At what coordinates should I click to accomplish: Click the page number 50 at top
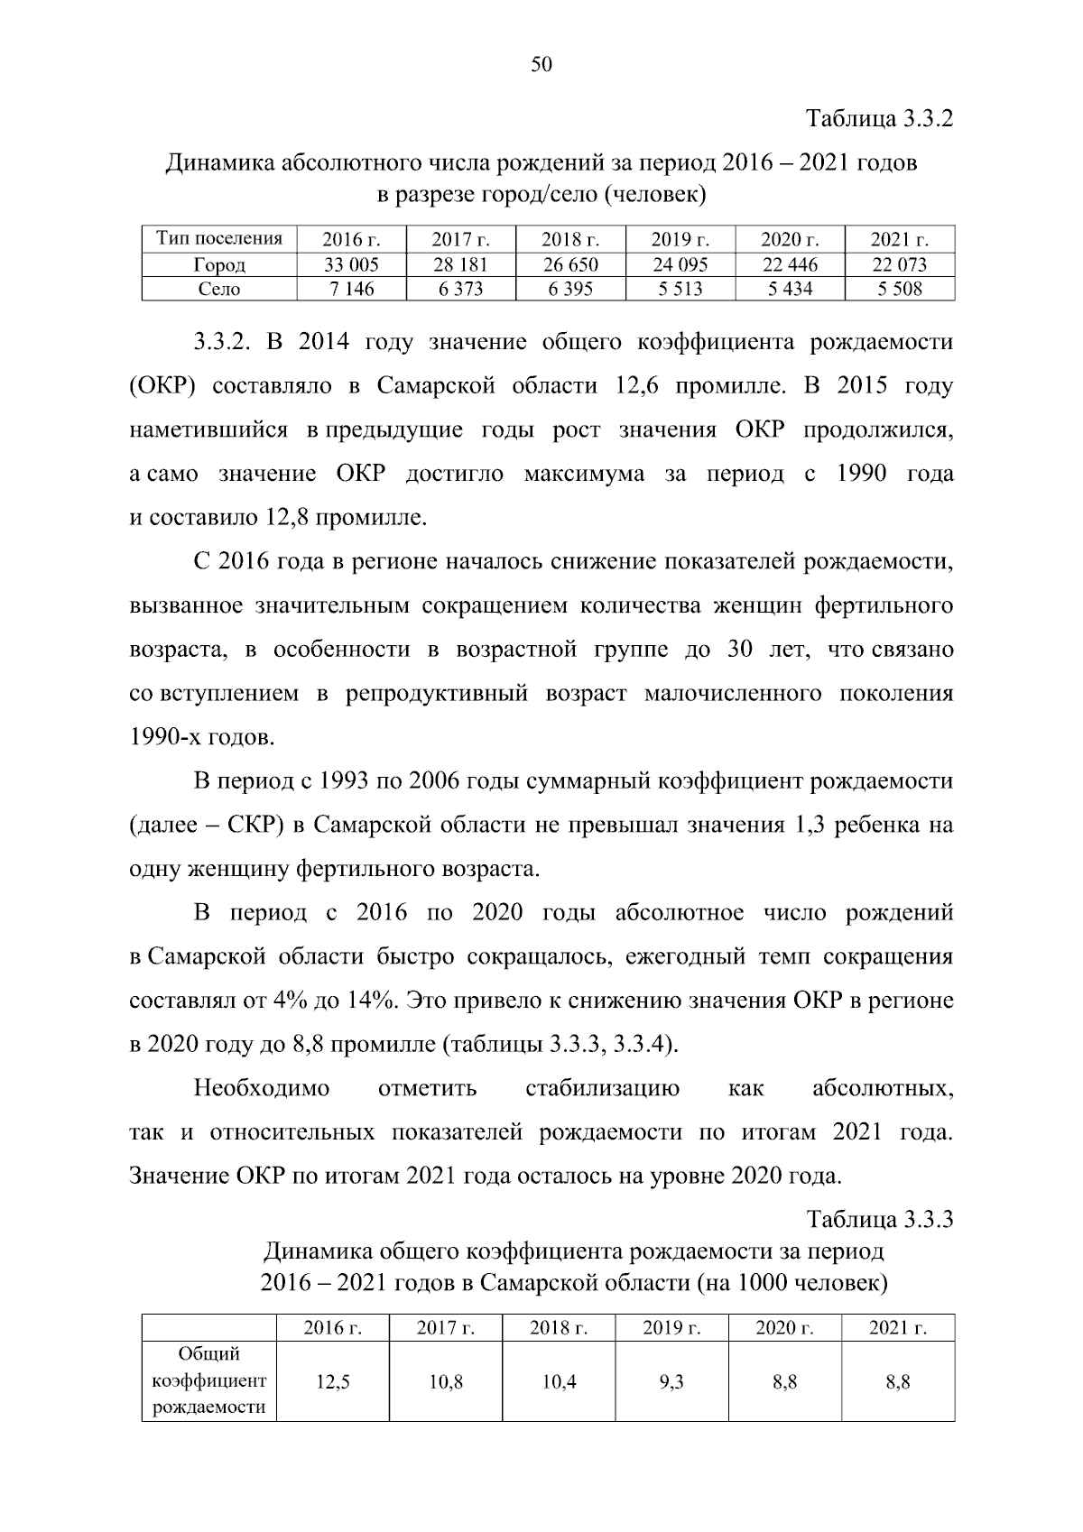pos(541,65)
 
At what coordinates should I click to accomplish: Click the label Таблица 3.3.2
pos(880,119)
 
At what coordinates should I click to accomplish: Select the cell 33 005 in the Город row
pos(351,264)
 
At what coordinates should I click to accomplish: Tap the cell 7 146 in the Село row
pos(351,289)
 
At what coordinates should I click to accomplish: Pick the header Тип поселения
pos(219,239)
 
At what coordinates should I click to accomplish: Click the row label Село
pos(219,289)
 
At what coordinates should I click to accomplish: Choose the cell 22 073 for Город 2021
pos(899,264)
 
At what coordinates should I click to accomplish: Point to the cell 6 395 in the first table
pos(570,289)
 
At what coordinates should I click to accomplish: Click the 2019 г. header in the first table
pos(680,240)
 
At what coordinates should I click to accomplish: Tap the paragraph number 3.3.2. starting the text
pos(227,343)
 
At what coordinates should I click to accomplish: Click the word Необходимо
pos(262,1089)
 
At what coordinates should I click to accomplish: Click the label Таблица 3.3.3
pos(880,1220)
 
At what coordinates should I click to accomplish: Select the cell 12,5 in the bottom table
pos(333,1382)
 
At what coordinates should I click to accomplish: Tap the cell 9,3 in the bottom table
pos(671,1382)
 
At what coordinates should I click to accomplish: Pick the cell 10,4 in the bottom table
pos(559,1382)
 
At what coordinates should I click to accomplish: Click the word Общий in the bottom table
pos(209,1354)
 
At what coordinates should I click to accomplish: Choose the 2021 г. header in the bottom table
pos(898,1328)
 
